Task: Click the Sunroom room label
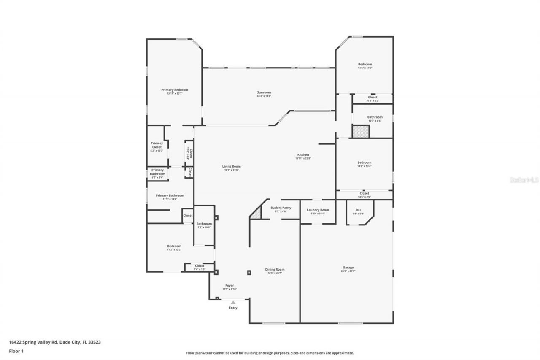[264, 92]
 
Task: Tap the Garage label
[348, 268]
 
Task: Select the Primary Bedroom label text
[174, 90]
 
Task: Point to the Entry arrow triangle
[233, 302]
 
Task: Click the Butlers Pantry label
[281, 208]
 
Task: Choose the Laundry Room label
[318, 210]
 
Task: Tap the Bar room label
[358, 210]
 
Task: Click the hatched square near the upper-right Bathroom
[361, 131]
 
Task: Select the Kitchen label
[303, 155]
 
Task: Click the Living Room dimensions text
[231, 170]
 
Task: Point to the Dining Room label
[275, 269]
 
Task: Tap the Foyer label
[229, 285]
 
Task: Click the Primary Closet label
[157, 145]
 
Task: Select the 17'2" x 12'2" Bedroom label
[174, 246]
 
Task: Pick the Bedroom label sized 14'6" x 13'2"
[364, 162]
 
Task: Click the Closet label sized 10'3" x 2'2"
[373, 97]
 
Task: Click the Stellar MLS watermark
[524, 180]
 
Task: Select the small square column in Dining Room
[249, 273]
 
